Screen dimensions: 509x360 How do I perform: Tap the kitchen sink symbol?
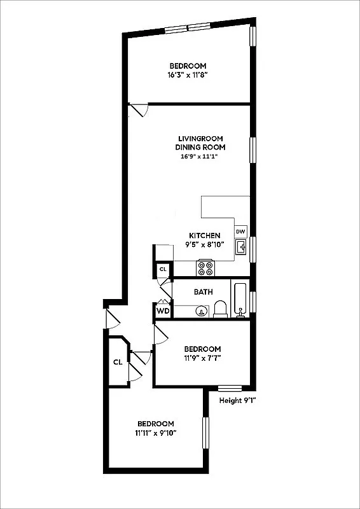pos(241,248)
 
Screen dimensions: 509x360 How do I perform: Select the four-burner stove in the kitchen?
pos(205,268)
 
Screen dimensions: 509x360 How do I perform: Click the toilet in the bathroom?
pos(221,309)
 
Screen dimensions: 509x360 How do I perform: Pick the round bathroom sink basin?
pos(201,311)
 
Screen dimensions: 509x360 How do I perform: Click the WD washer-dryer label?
pos(163,311)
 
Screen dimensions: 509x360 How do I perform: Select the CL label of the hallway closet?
pos(118,362)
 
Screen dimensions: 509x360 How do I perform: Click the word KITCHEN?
pos(205,235)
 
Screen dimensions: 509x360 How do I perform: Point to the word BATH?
pos(203,292)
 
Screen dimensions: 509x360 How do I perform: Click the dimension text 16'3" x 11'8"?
pos(188,74)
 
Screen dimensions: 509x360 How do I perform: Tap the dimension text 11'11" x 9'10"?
pos(155,433)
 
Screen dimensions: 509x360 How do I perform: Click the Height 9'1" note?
pos(237,400)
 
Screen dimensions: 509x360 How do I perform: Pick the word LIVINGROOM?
pos(200,139)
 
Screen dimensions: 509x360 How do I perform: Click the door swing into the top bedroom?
pos(138,111)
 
